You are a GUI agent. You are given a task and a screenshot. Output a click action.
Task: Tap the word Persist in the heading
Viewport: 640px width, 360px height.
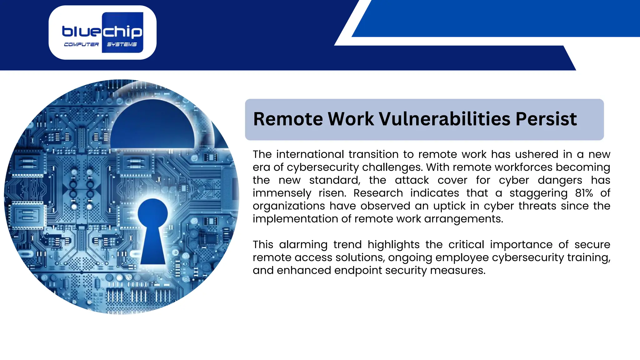coord(546,119)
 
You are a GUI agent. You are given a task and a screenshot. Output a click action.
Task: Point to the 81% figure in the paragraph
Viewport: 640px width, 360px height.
coord(584,193)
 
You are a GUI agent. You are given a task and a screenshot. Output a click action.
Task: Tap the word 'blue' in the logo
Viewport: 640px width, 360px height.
coord(82,32)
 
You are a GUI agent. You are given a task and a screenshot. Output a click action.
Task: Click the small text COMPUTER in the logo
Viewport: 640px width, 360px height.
coord(81,45)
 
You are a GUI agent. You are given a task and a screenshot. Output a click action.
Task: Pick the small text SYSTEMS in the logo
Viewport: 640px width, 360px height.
coord(122,45)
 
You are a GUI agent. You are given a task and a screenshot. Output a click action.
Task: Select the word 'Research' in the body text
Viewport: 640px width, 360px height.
coord(378,193)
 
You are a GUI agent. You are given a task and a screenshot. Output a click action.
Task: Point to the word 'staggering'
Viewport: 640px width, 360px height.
coord(538,193)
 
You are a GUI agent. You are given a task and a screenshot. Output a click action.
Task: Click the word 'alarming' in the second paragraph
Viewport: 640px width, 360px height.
coord(303,245)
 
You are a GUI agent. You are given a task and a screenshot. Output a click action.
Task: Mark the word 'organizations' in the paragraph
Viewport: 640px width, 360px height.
coord(289,206)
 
